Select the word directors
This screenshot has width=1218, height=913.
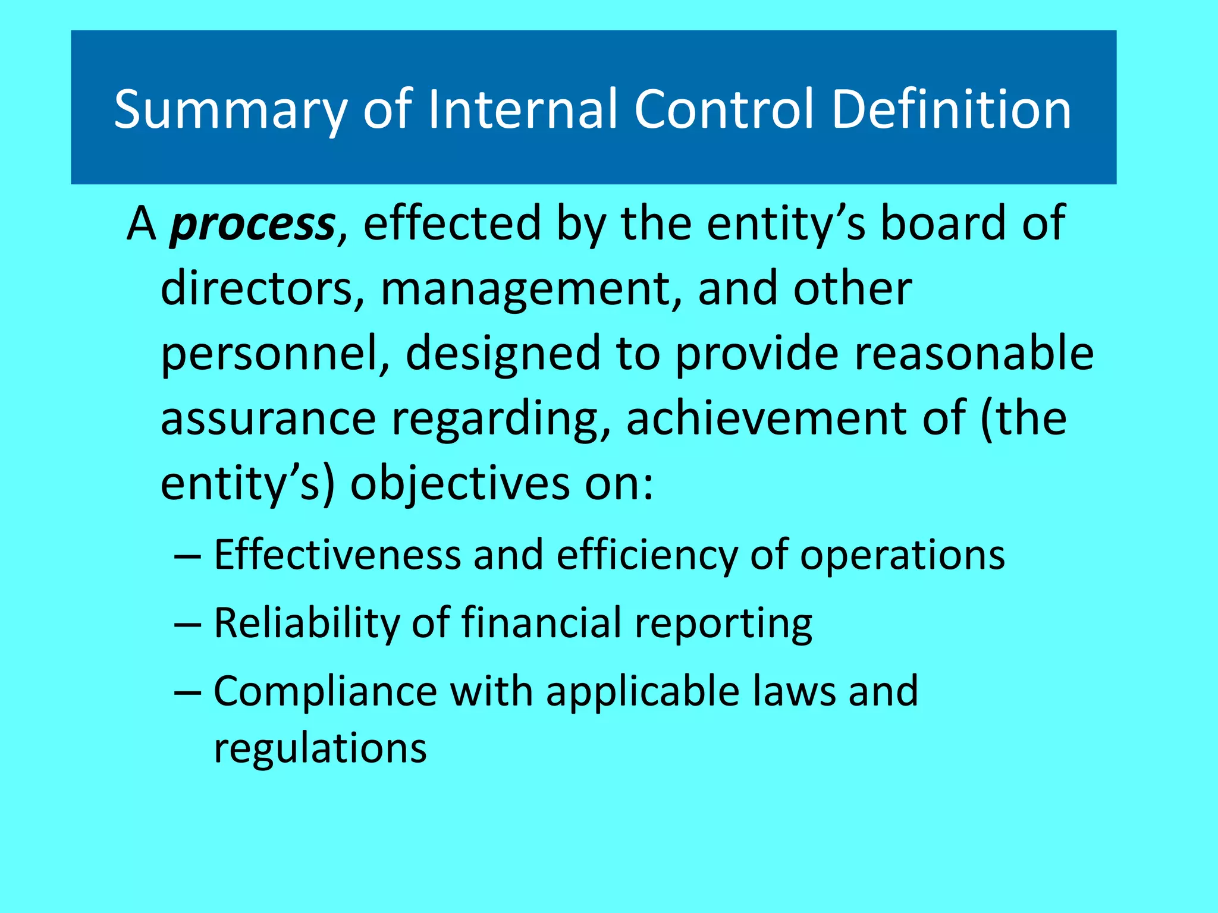pyautogui.click(x=262, y=289)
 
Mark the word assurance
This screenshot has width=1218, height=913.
pyautogui.click(x=268, y=419)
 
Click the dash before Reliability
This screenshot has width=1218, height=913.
pyautogui.click(x=188, y=625)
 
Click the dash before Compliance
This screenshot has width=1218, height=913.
pyautogui.click(x=188, y=693)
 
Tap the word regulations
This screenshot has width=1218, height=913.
pyautogui.click(x=320, y=750)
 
